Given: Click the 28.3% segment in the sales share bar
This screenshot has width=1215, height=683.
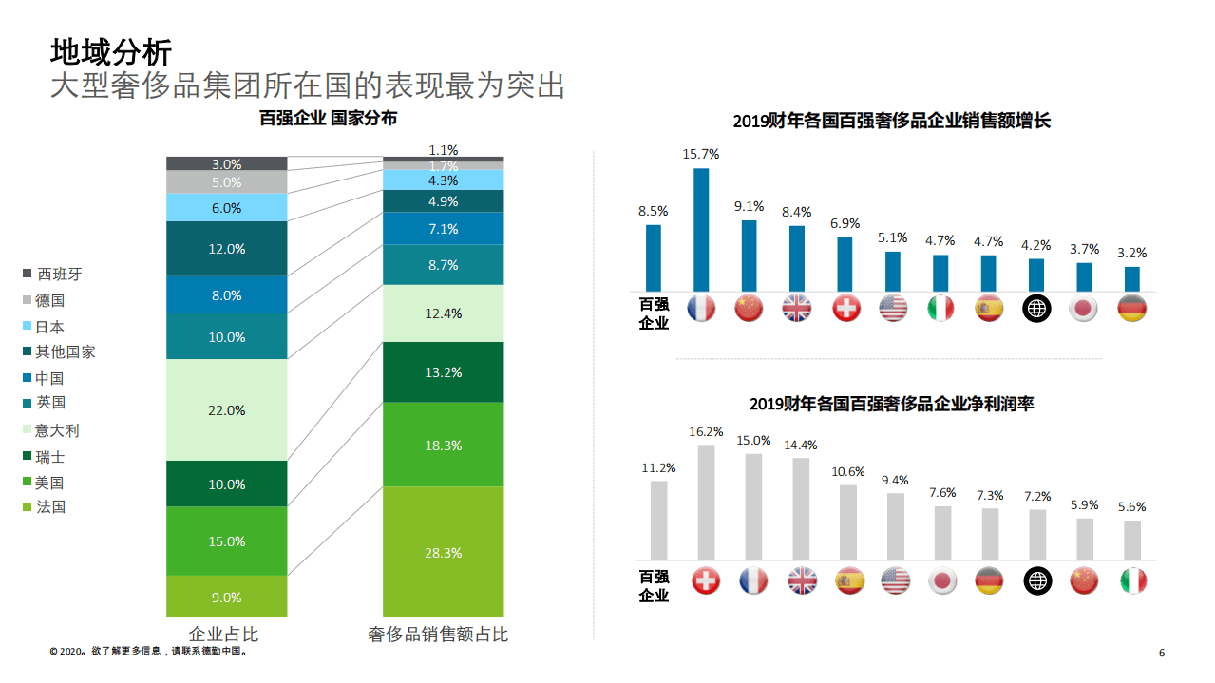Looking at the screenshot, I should (444, 552).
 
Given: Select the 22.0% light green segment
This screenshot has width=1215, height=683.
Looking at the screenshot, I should (226, 410).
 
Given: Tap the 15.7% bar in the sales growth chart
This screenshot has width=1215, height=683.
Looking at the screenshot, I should (701, 229).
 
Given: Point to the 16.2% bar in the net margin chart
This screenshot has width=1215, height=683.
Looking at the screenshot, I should (706, 502).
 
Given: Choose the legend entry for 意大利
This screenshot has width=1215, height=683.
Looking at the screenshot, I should (57, 430).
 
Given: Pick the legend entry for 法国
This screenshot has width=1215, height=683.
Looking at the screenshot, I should (50, 507).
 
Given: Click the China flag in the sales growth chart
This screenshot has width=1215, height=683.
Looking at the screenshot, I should (750, 308).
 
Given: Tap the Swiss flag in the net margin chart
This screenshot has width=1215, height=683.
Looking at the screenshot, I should (706, 580).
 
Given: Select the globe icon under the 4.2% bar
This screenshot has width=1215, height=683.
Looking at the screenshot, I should (1036, 308).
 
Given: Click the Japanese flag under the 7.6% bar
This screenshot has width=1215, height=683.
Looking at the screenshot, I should (941, 580).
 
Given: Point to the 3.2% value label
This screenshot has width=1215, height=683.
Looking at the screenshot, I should (1131, 254).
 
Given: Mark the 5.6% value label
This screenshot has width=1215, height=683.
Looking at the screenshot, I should (1131, 507).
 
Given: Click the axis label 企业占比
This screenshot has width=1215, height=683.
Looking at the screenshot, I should (224, 635).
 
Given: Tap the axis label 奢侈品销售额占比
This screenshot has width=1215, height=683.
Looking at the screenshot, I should (438, 635).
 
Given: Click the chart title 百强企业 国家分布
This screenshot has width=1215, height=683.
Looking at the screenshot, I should (329, 119).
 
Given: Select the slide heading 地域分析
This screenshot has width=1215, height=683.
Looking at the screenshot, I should (110, 50).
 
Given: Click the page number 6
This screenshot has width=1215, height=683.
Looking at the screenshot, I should (1162, 653).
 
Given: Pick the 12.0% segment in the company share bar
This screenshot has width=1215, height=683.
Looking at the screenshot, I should (226, 249).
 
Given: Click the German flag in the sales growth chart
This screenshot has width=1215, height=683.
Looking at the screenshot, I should (1131, 308).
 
